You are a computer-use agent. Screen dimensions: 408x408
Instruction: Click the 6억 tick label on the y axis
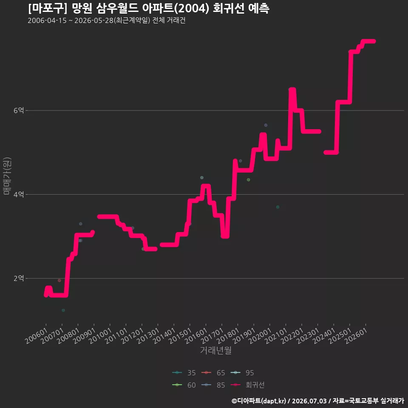18,110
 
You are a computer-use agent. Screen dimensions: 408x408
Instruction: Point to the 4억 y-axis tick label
18,194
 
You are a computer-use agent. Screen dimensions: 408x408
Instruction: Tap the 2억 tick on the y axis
18,278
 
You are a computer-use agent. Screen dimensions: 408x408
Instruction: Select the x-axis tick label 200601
37,336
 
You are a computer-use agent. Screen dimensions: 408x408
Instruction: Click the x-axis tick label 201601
197,336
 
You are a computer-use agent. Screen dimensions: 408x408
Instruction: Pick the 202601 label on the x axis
357,336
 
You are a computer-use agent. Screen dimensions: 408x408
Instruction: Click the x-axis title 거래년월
216,350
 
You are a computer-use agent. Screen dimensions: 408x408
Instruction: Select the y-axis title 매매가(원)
7,176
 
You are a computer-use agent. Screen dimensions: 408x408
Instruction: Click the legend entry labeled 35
184,373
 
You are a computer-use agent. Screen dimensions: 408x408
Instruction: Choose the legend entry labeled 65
213,373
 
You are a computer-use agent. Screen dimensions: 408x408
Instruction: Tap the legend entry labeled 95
242,373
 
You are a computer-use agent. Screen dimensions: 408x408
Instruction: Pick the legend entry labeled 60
184,385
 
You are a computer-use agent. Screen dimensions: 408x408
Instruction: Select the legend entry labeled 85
213,385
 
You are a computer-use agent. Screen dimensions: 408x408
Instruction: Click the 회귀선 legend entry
248,385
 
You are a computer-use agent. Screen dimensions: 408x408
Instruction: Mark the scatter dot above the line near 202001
266,125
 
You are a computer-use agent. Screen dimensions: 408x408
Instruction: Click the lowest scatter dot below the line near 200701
63,310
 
